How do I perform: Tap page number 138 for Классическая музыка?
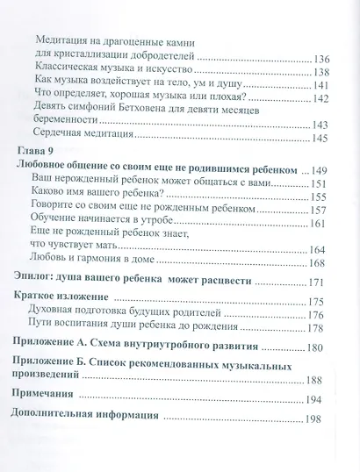coord(322,72)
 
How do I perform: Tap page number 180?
coord(322,352)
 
